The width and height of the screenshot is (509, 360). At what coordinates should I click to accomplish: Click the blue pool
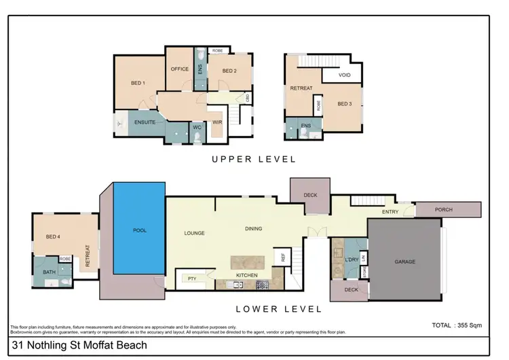coord(139,230)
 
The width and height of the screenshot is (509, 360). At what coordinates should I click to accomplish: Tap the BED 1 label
coord(138,84)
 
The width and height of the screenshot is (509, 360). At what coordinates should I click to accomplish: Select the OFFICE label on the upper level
coord(179,69)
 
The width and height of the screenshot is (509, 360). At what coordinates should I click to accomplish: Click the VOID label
coord(344,75)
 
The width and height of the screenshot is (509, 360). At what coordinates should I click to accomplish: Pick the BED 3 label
coord(345,103)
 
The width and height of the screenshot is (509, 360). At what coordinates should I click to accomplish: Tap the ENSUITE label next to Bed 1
coord(145,122)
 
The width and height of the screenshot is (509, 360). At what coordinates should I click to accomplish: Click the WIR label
coord(217,122)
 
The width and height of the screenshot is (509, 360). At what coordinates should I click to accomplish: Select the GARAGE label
coord(404,262)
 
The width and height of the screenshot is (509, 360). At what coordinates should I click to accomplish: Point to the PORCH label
coord(444,210)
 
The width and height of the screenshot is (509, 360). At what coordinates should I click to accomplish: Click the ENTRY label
coord(390,213)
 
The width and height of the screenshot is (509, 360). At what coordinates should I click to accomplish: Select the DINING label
coord(253,229)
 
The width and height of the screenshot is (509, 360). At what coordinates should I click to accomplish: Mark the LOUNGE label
coord(194,233)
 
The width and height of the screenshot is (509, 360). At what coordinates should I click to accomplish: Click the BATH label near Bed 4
coord(49,272)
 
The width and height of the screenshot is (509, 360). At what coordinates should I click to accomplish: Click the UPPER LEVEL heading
coord(254,160)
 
